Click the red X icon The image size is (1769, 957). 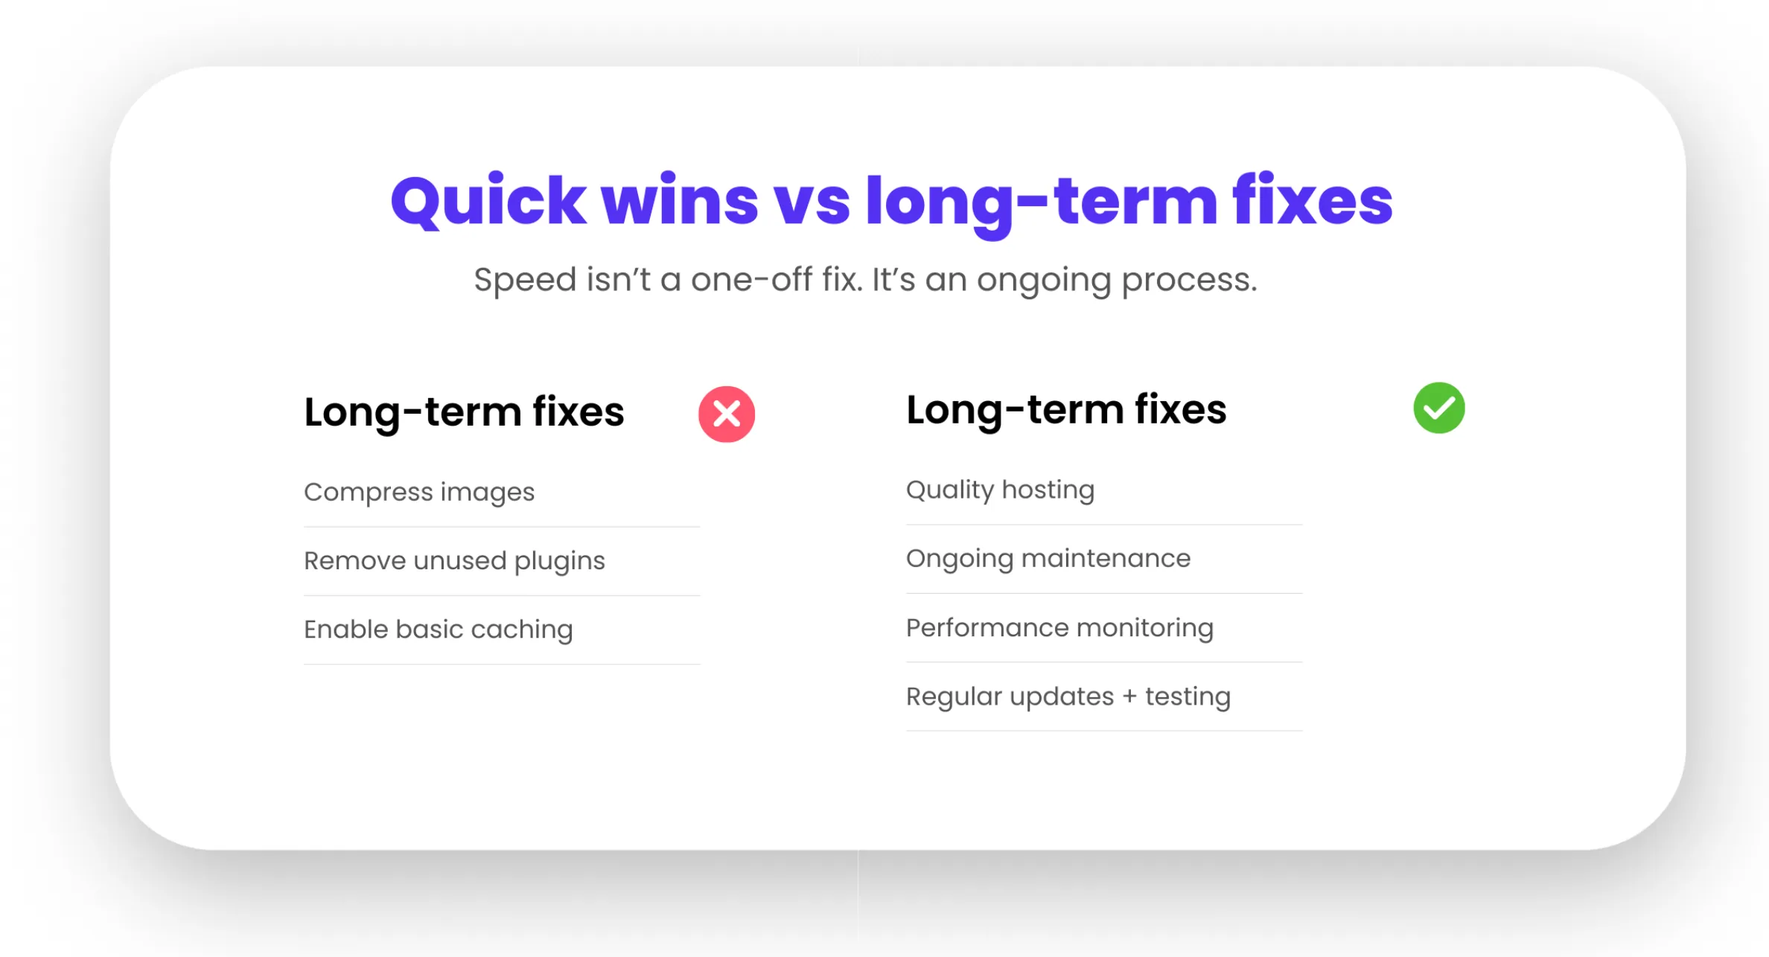coord(727,415)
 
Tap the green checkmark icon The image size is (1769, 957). coord(1439,408)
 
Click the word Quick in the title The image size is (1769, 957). coord(488,201)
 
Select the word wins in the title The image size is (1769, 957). coord(680,201)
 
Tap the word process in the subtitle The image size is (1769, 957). coord(1189,281)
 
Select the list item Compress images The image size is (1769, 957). coord(419,493)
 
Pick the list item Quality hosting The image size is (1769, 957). coord(1000,490)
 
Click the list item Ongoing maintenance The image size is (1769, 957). coord(1048,559)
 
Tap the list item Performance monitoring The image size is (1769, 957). coord(1059,628)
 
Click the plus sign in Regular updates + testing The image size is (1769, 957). coord(1129,697)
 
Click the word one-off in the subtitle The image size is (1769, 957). coord(751,280)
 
